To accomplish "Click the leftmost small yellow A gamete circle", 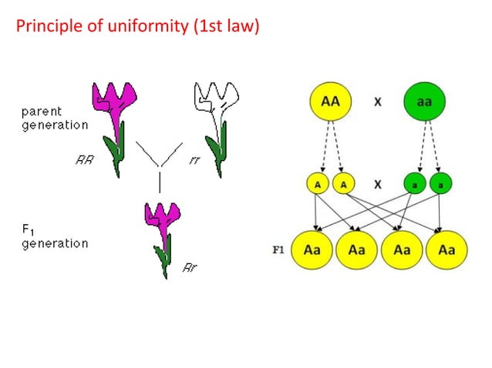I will [317, 185].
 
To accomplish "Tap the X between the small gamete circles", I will [379, 185].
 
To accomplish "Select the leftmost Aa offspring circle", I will [312, 250].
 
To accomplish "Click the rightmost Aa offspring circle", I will [447, 250].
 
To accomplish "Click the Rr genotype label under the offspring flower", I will [190, 268].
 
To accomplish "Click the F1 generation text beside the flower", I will [53, 236].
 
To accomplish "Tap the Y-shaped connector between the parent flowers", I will [160, 161].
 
